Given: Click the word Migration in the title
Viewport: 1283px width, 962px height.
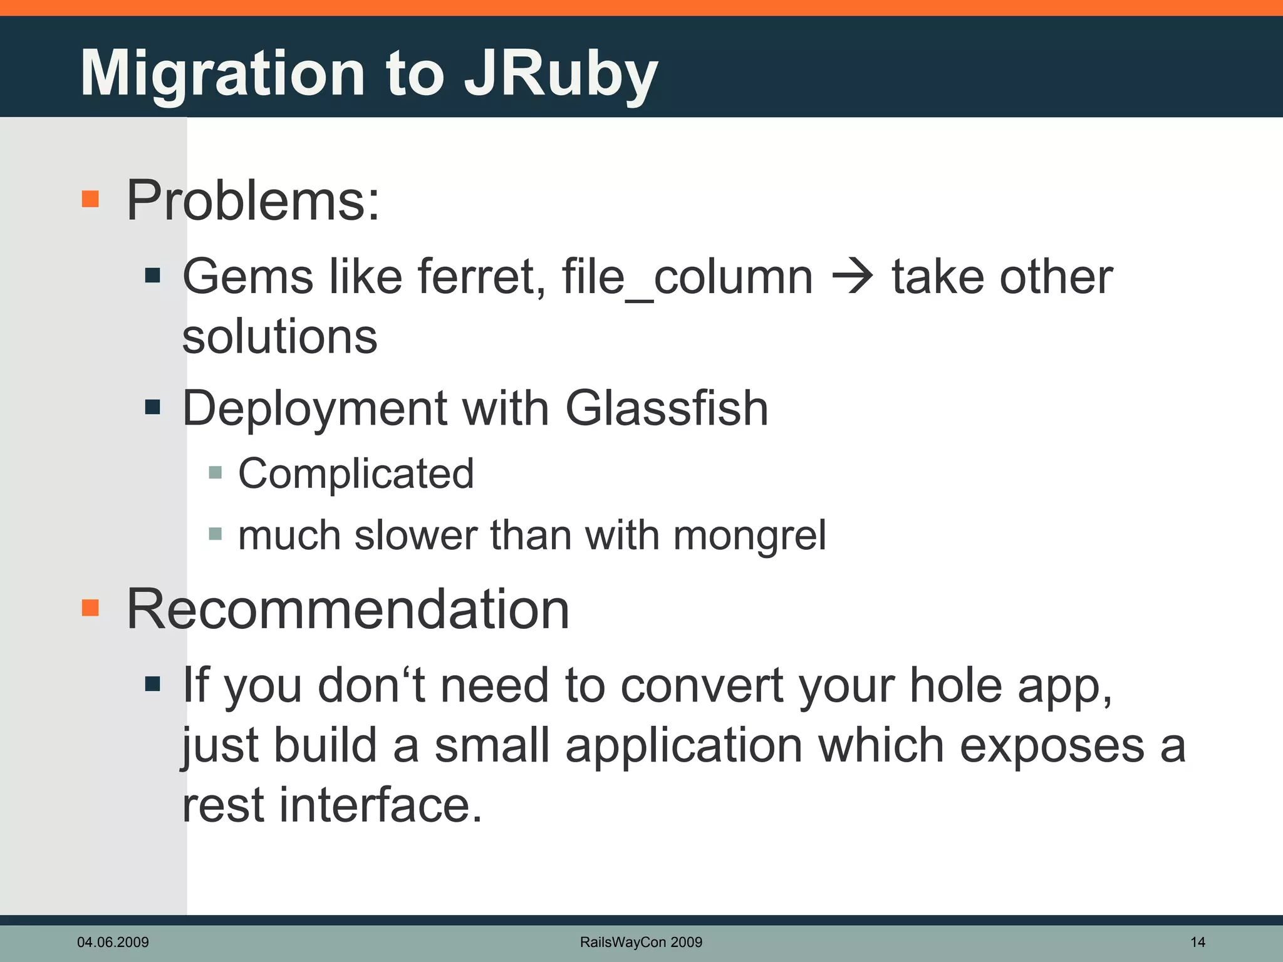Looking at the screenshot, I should click(x=223, y=74).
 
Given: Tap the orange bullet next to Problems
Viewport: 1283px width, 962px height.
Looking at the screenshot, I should click(x=90, y=199).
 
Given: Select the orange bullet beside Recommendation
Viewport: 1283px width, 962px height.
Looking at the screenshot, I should click(x=90, y=608).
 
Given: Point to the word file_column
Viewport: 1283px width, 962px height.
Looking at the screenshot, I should click(x=687, y=277).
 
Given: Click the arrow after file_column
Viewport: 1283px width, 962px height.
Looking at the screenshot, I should click(x=852, y=277).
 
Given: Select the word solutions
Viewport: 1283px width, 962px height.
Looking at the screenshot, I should click(x=279, y=336).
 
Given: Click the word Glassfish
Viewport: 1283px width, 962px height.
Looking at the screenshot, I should click(x=667, y=408).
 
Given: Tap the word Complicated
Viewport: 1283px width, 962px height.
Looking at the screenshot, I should click(x=356, y=473).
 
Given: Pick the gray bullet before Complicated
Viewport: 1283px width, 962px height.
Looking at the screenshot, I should click(x=216, y=472).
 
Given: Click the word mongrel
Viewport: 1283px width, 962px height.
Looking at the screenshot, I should click(x=750, y=536).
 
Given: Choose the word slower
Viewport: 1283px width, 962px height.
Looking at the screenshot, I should click(x=415, y=535).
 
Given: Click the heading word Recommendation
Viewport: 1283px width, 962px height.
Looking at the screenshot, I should click(x=348, y=609).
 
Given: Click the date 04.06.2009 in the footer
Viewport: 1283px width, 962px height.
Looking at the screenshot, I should click(x=113, y=942).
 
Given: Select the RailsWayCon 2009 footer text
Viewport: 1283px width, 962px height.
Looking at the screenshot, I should click(x=641, y=942).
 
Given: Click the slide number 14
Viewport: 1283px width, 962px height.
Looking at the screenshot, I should click(x=1197, y=942).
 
